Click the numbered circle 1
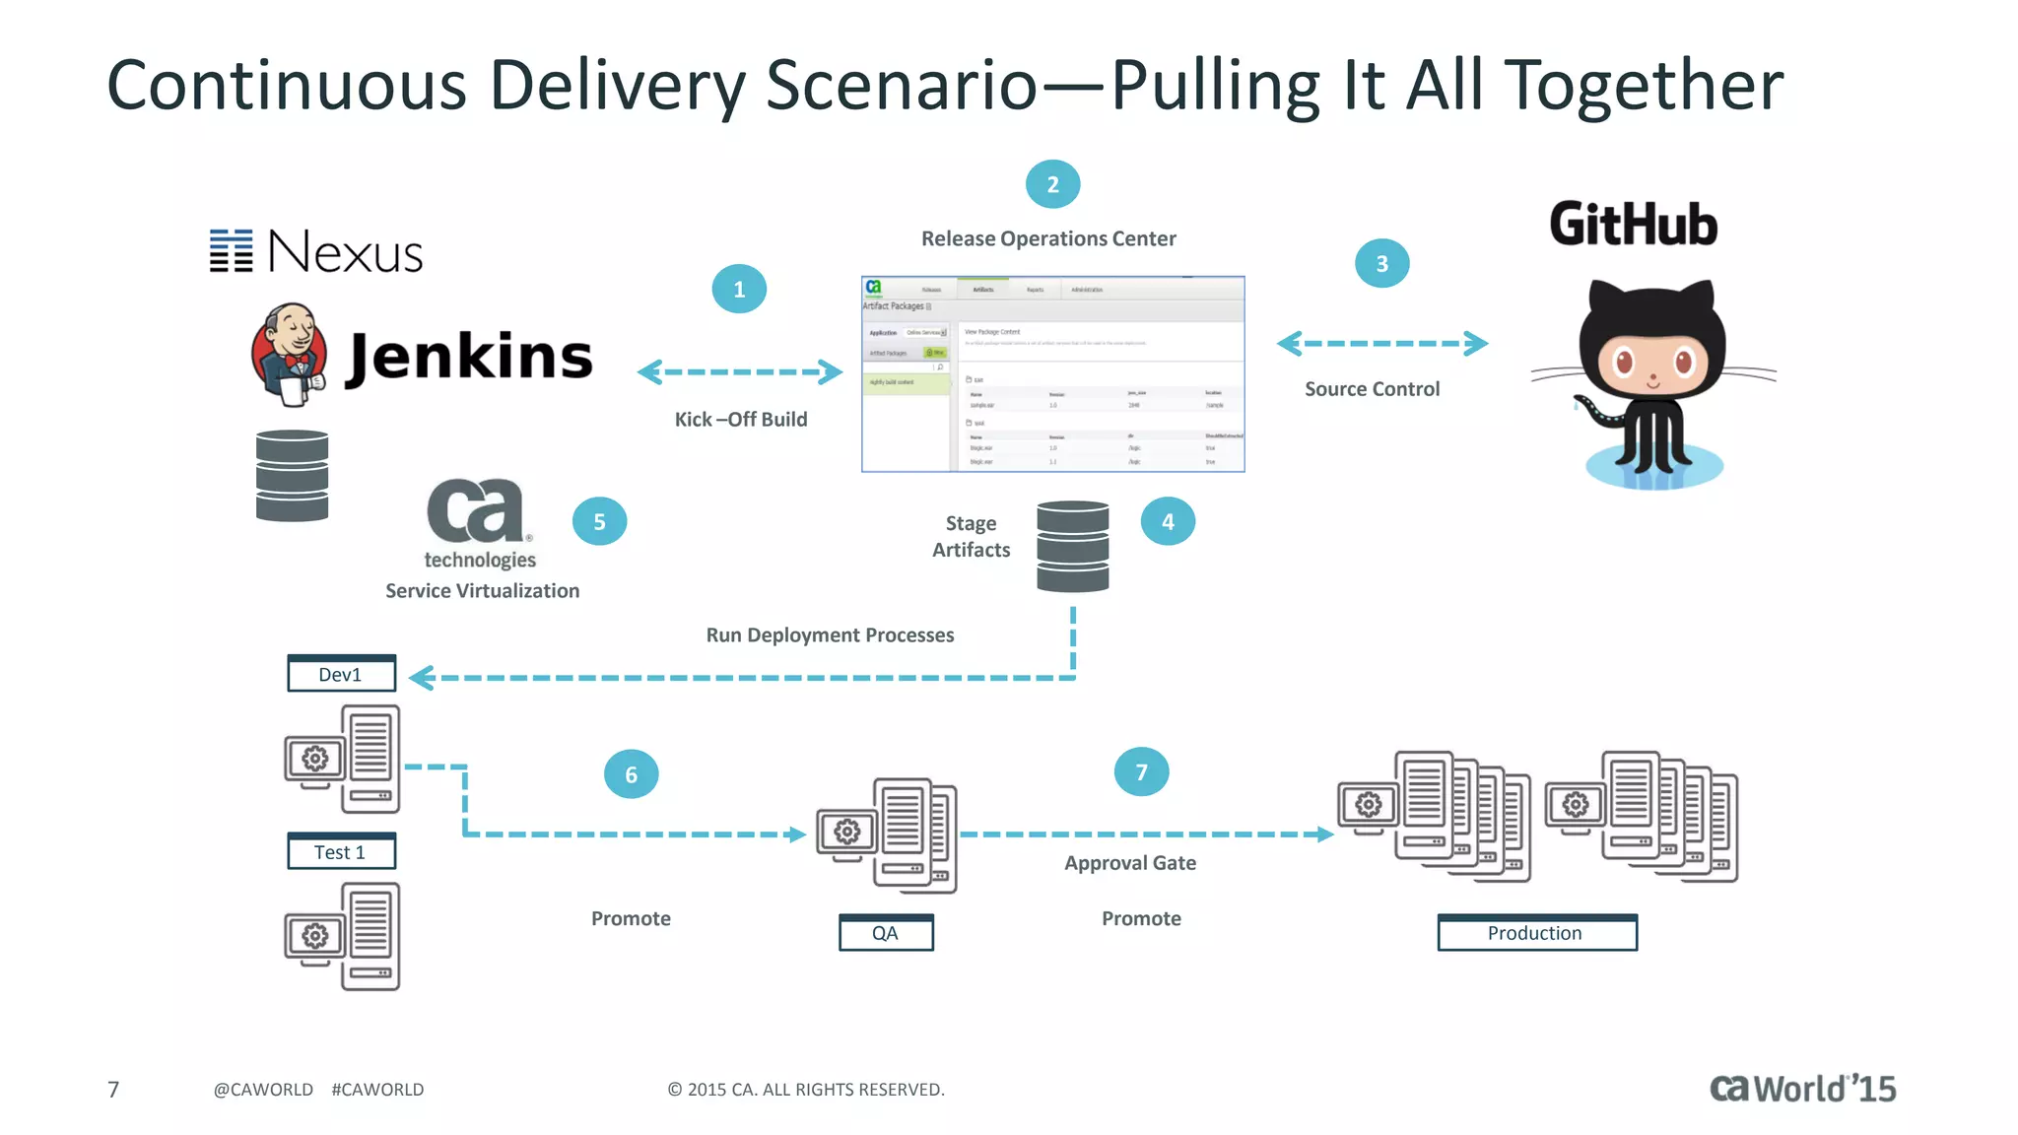coord(739,289)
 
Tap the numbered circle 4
coord(1168,521)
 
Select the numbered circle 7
coord(1141,772)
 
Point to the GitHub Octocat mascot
coord(1653,384)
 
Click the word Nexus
coord(345,252)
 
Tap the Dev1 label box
coord(341,674)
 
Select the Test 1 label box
coord(341,852)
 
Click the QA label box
coord(885,933)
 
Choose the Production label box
coord(1536,933)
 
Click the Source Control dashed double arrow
coord(1381,344)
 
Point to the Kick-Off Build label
coord(741,420)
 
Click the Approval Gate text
coord(1130,863)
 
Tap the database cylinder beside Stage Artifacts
coord(1072,546)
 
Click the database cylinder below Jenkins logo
coord(292,476)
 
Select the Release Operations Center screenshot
coord(1052,374)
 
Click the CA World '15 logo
coord(1802,1089)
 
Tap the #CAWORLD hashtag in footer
coord(377,1090)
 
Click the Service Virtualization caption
coord(482,591)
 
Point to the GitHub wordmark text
coord(1633,225)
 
